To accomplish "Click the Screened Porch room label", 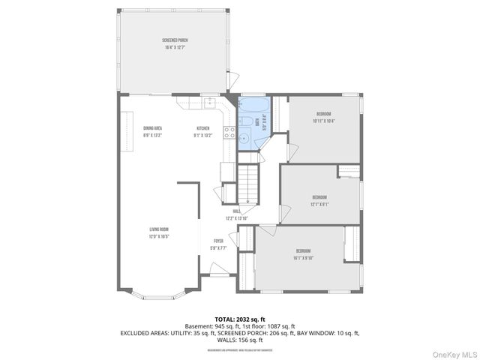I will pyautogui.click(x=173, y=44).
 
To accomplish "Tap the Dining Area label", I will pyautogui.click(x=153, y=131).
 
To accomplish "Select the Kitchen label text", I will pyautogui.click(x=204, y=131).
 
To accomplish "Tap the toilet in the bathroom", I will pyautogui.click(x=246, y=123).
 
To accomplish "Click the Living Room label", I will pyautogui.click(x=159, y=232).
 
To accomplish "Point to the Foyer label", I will pyautogui.click(x=218, y=244).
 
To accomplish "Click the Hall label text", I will pyautogui.click(x=236, y=214).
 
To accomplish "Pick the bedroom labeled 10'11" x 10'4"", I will pyautogui.click(x=323, y=117).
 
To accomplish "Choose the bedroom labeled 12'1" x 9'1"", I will pyautogui.click(x=319, y=200).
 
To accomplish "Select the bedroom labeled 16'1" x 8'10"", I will pyautogui.click(x=303, y=253).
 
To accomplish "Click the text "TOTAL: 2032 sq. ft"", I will pyautogui.click(x=240, y=319).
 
